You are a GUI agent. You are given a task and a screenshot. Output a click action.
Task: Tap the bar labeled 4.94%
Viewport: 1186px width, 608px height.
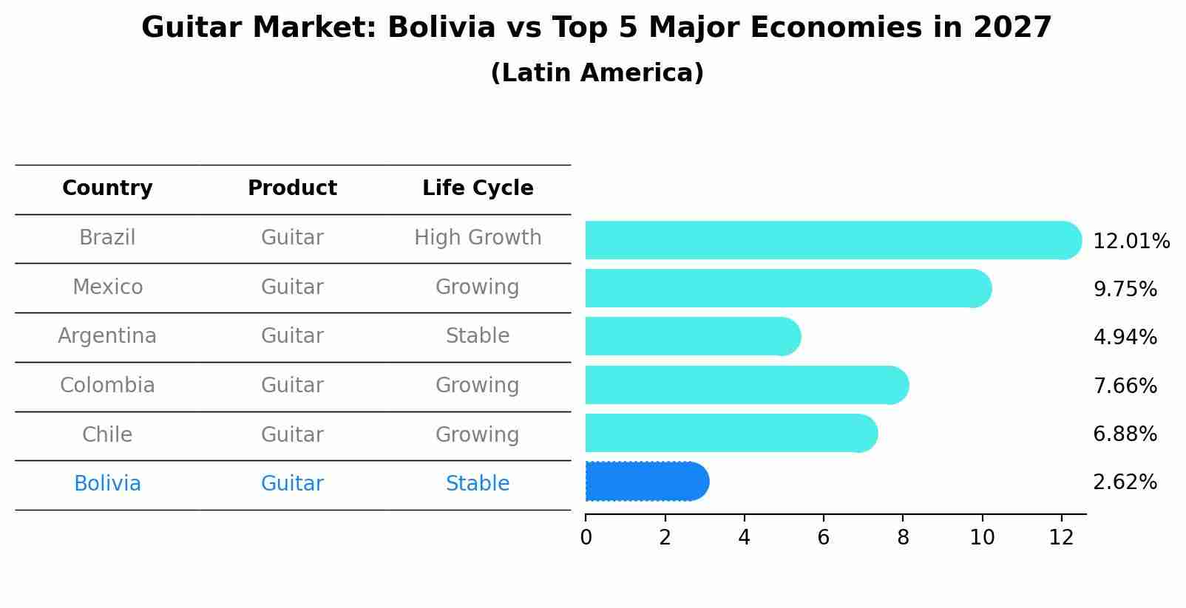[x=691, y=337]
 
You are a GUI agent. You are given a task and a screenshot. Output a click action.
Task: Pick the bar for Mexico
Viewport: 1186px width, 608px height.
[x=784, y=288]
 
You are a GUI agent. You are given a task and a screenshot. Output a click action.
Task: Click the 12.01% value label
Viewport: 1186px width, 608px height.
[x=1131, y=242]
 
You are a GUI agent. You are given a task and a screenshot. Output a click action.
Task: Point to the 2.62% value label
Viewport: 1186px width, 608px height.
[x=1124, y=482]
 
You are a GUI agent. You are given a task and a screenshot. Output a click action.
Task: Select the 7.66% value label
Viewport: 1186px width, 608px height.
[x=1124, y=386]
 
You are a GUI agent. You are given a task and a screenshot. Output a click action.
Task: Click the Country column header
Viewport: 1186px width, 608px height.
[x=107, y=188]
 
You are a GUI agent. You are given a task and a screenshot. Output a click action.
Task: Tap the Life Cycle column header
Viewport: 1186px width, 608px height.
[x=478, y=188]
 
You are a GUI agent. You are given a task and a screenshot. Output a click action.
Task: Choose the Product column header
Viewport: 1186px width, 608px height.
[x=292, y=188]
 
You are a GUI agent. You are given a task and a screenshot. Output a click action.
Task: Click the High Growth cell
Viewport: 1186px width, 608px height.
[x=478, y=238]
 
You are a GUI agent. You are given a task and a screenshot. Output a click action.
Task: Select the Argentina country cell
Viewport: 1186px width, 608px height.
[x=107, y=336]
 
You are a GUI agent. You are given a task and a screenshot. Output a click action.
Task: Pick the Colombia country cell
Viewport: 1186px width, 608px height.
[x=107, y=386]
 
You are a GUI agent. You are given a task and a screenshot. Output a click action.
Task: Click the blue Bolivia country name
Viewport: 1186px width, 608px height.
[x=107, y=484]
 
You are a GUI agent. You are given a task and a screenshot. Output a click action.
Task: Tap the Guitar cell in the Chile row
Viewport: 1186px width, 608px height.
[x=292, y=434]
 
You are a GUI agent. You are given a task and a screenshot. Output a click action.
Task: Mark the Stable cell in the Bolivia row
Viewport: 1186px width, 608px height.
[x=478, y=484]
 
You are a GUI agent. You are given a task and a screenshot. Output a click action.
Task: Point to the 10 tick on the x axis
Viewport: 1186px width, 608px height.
[x=982, y=538]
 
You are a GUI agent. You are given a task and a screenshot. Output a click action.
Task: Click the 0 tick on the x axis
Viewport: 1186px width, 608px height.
[x=586, y=538]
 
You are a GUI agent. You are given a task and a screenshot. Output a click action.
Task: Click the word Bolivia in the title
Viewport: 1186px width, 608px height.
[x=441, y=28]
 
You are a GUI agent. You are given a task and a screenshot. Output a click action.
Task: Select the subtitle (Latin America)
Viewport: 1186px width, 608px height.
[x=597, y=73]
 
